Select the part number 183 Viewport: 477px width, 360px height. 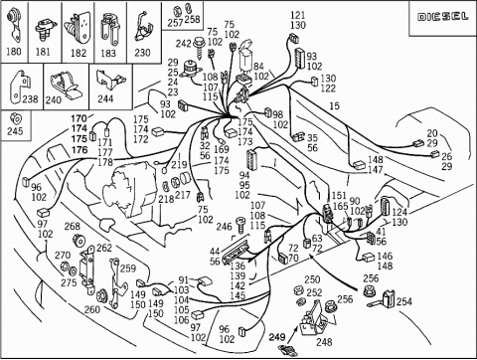coord(107,54)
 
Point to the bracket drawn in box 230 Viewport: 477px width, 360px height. coord(142,25)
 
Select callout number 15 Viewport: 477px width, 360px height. coord(334,104)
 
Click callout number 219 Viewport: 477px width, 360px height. coord(179,165)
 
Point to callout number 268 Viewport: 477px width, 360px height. coord(73,227)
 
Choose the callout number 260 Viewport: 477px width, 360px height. coord(91,309)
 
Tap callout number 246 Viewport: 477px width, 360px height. coord(224,227)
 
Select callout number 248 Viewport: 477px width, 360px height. coord(324,342)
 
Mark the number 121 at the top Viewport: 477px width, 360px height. coord(298,16)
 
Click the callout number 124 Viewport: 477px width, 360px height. coord(397,212)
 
